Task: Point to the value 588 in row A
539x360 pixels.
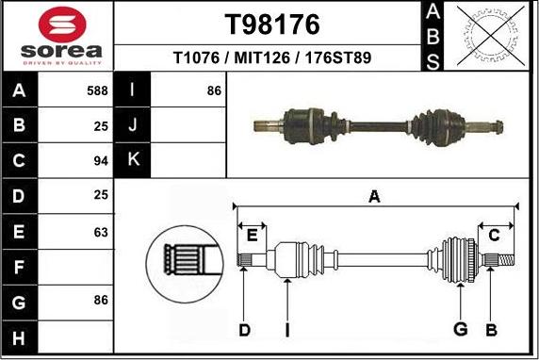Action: click(x=98, y=92)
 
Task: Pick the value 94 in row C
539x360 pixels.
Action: click(x=101, y=160)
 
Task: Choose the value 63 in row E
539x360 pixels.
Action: click(x=101, y=230)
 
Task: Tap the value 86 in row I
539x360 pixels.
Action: click(x=214, y=92)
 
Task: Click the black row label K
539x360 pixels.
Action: click(x=133, y=160)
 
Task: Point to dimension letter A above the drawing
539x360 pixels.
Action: click(x=374, y=197)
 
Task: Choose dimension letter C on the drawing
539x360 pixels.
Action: click(x=494, y=235)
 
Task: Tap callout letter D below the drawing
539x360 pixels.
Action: click(x=244, y=329)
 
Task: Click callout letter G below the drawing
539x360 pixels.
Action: click(x=461, y=329)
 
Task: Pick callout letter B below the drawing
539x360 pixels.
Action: click(x=491, y=329)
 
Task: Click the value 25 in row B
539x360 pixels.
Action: click(x=101, y=126)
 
